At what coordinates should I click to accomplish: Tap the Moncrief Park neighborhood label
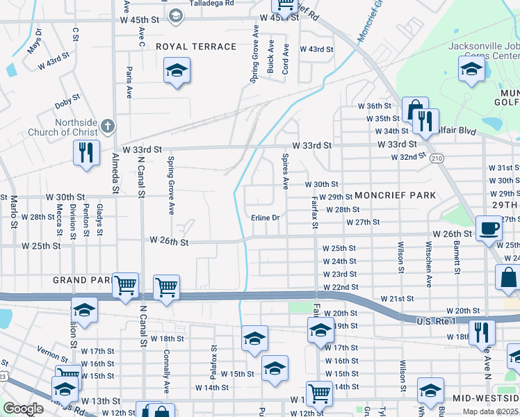(x=396, y=195)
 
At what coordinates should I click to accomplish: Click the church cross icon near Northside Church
(x=106, y=126)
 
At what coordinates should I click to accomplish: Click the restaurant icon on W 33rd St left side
(x=86, y=153)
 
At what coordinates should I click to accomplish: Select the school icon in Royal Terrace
(x=177, y=70)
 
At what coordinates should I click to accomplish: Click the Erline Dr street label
(x=266, y=218)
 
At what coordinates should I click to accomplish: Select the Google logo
(x=23, y=409)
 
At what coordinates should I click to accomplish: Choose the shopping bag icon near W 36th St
(x=415, y=110)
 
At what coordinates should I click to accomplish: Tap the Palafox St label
(x=215, y=358)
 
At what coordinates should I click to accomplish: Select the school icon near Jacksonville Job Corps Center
(x=471, y=69)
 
